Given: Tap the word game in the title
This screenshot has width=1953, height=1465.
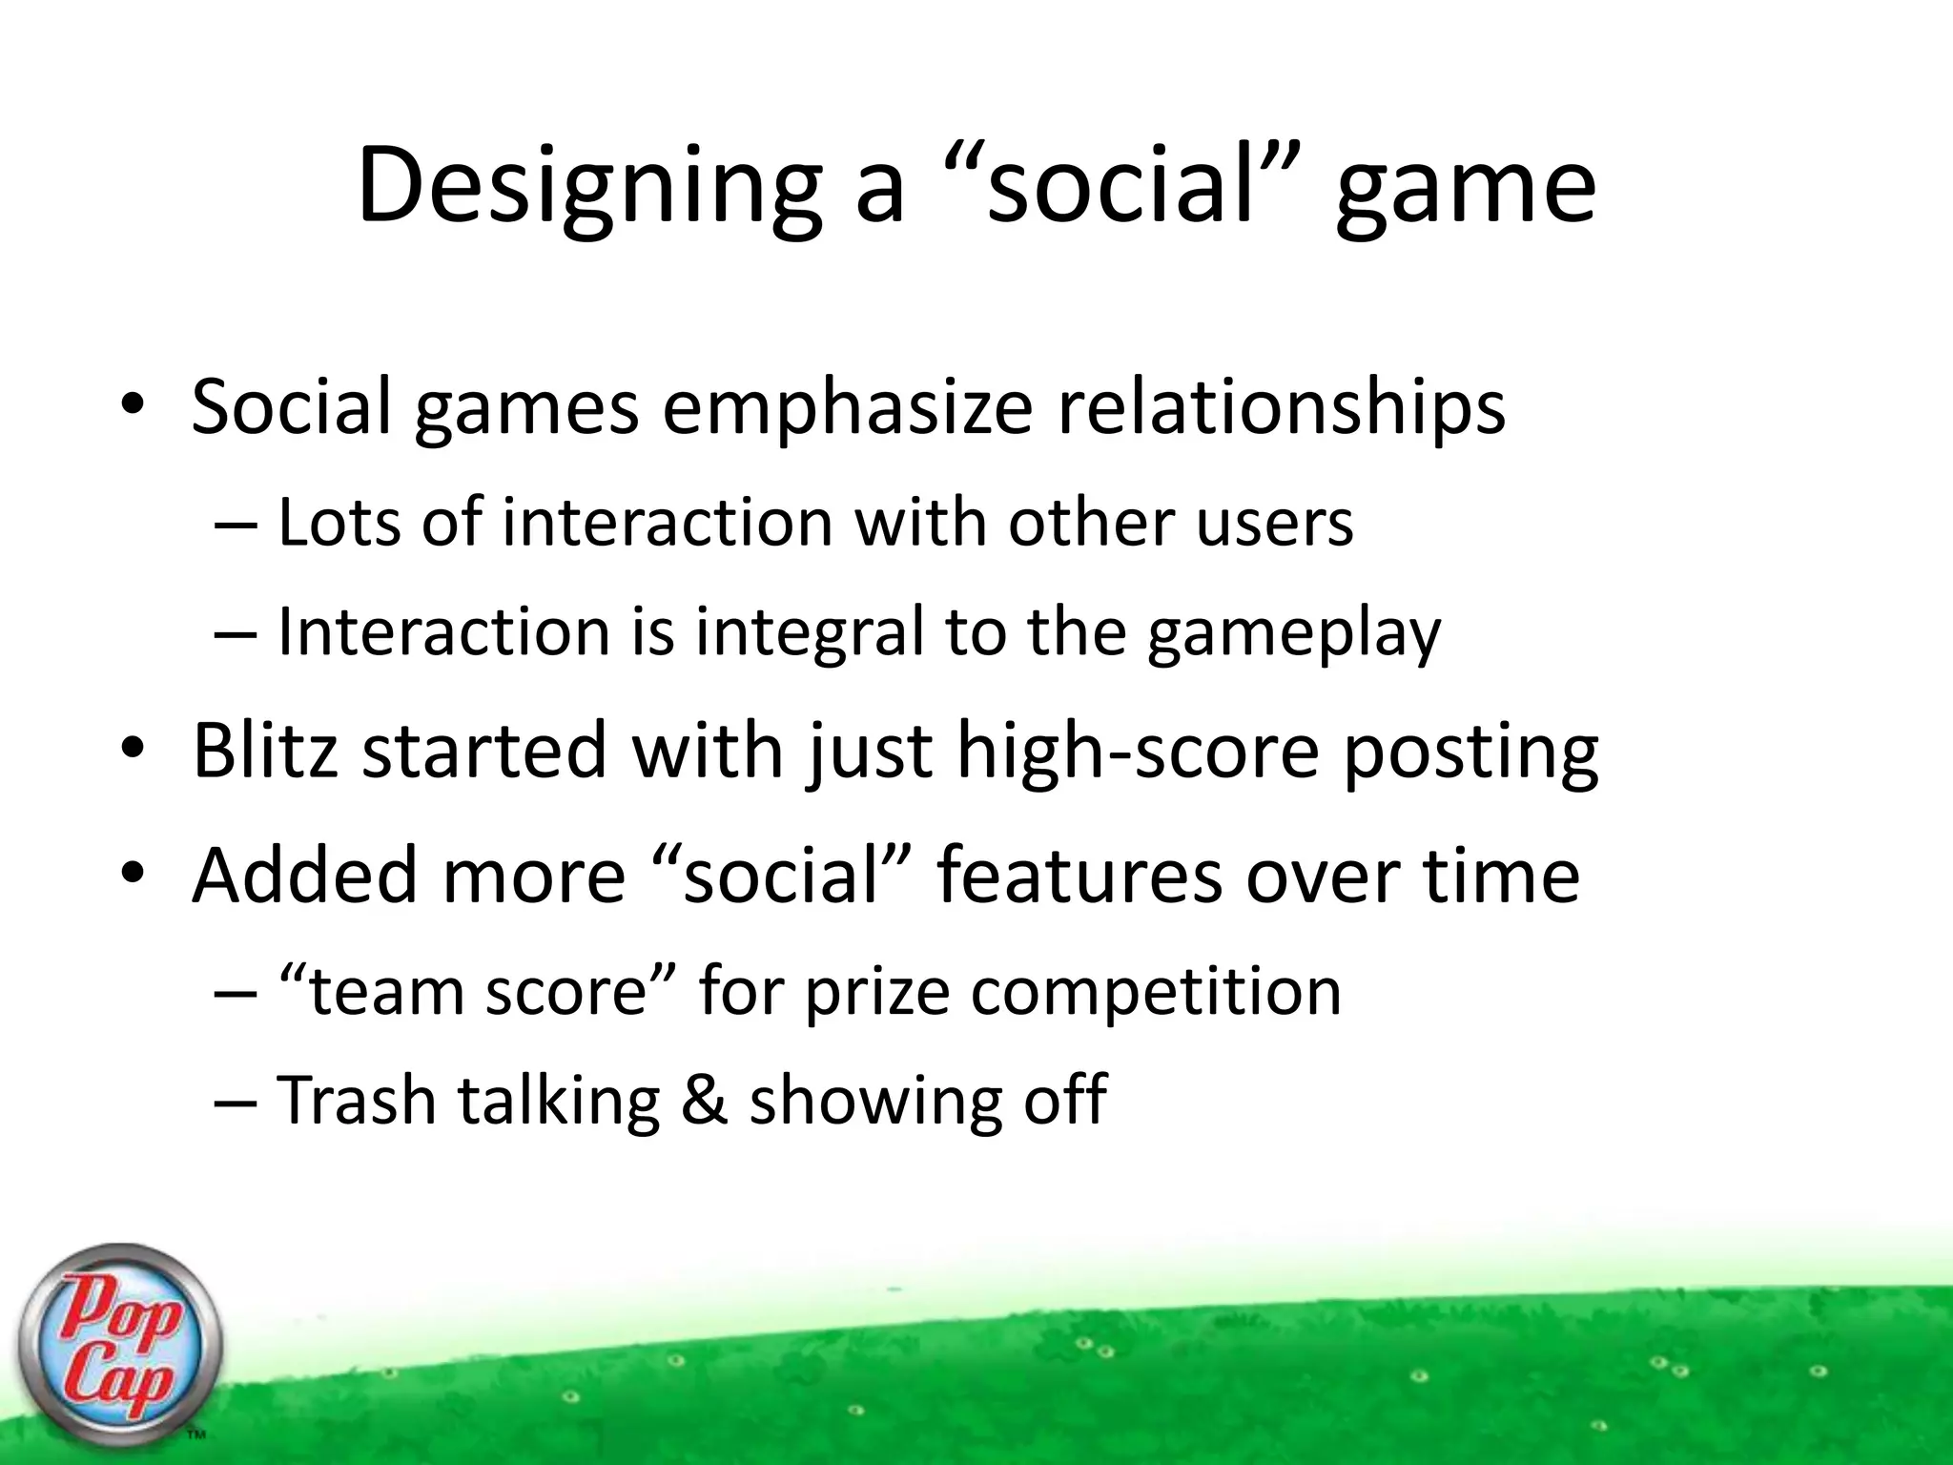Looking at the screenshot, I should tap(1465, 191).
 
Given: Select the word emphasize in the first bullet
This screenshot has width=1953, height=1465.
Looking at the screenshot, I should tap(847, 409).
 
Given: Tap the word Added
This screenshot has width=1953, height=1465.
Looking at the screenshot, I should tap(304, 875).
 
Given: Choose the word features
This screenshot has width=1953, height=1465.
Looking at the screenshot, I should tap(1079, 875).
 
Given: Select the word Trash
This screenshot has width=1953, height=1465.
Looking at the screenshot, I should tap(356, 1100).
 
